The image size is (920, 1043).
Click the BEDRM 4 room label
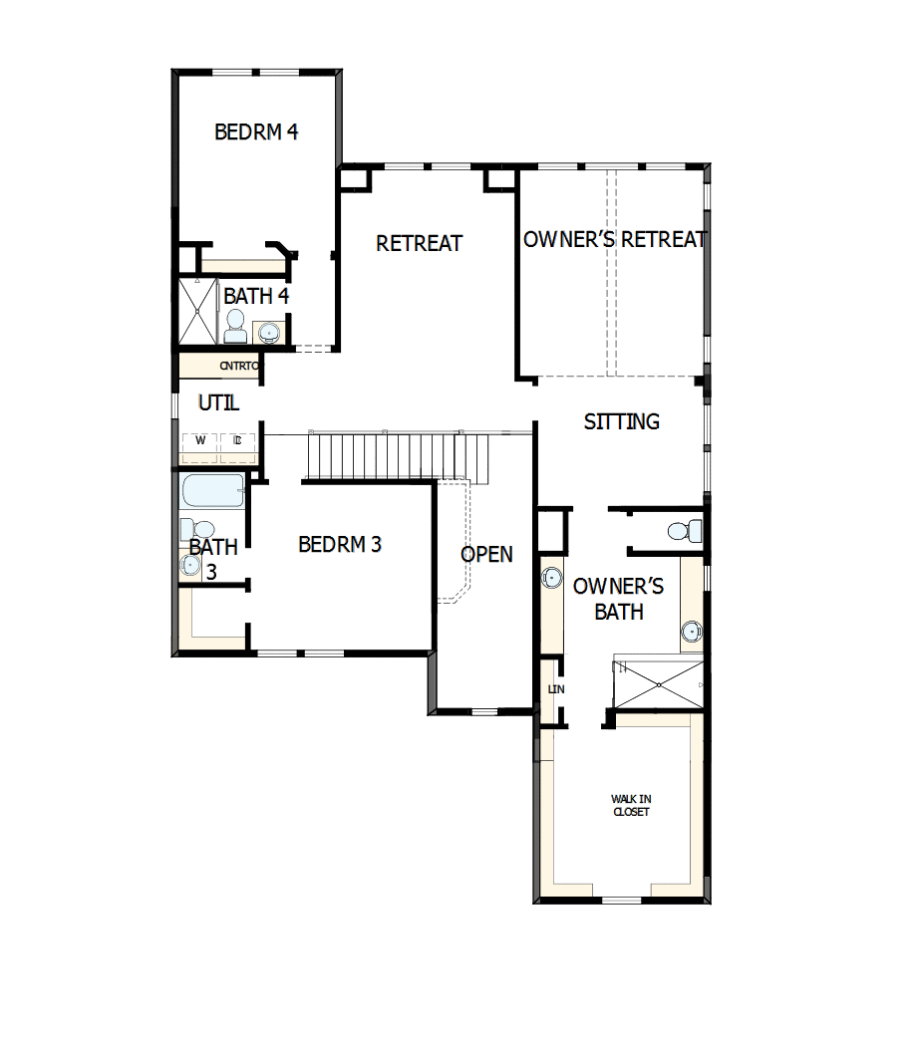[256, 131]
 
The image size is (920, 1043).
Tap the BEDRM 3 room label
[340, 545]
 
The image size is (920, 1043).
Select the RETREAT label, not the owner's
[419, 243]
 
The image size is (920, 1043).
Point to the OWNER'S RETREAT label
[614, 240]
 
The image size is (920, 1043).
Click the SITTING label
[621, 422]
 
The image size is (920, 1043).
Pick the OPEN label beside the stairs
[487, 555]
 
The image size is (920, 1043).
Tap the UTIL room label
[218, 403]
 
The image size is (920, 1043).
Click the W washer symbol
[199, 440]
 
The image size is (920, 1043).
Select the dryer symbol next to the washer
[237, 440]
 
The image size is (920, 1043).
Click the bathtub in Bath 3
[212, 492]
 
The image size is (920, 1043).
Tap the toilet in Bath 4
[235, 325]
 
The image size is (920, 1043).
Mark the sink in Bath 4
[268, 332]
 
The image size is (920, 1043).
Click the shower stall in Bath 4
[197, 311]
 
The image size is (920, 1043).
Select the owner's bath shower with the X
[658, 684]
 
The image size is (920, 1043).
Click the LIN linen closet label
[555, 689]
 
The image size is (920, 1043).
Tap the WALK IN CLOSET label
[631, 805]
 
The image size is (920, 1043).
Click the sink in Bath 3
[190, 565]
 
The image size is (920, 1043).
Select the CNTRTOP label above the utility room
[239, 367]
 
